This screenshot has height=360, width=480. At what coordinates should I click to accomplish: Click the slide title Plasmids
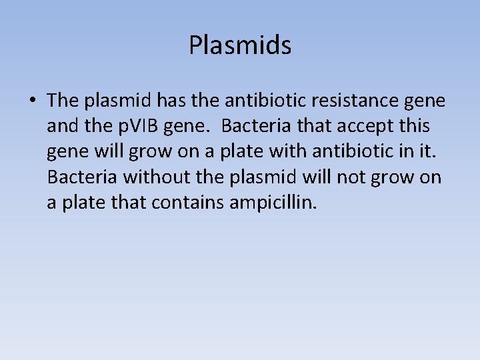click(x=240, y=45)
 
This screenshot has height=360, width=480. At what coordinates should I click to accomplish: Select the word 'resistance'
click(x=361, y=101)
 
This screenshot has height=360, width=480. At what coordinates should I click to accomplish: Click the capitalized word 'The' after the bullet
click(x=63, y=101)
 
